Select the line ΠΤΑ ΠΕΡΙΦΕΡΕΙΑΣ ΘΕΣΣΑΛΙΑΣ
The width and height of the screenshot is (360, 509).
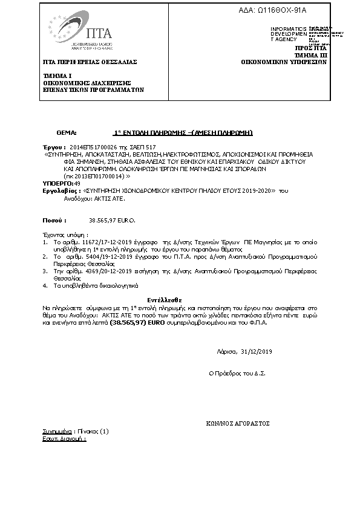point(90,62)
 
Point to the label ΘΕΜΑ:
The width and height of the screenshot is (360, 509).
point(67,132)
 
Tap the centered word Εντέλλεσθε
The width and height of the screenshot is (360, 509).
point(165,300)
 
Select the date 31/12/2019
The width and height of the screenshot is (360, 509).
point(257,352)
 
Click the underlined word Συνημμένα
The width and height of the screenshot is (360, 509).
point(53,432)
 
